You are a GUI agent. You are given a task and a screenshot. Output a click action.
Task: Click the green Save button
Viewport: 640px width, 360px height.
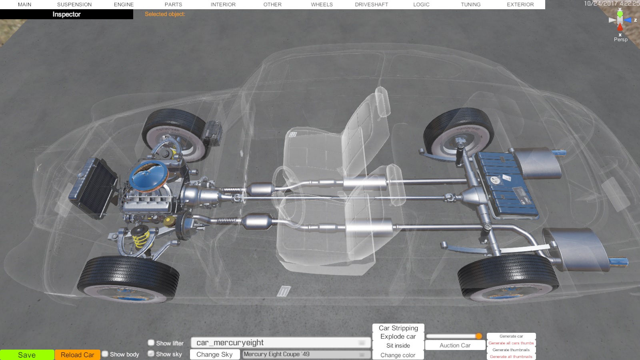coord(27,355)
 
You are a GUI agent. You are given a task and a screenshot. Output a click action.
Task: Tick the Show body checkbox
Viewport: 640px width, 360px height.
coord(105,354)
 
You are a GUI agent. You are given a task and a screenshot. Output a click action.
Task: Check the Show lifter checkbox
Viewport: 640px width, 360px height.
coord(151,342)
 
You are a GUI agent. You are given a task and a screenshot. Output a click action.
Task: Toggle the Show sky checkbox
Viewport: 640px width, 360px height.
coord(151,354)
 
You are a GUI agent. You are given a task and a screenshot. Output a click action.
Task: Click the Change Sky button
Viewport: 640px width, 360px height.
coord(214,354)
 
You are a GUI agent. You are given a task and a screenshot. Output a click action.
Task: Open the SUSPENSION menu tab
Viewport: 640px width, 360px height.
coord(74,4)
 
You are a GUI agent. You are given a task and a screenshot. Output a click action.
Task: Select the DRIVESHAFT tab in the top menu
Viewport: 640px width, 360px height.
coord(372,4)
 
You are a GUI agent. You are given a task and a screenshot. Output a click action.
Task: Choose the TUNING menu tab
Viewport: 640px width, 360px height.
coord(470,4)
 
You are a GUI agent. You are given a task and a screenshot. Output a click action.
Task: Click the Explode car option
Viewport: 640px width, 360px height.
coord(398,336)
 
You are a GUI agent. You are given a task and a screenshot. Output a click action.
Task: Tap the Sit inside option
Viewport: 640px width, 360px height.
coord(398,346)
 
